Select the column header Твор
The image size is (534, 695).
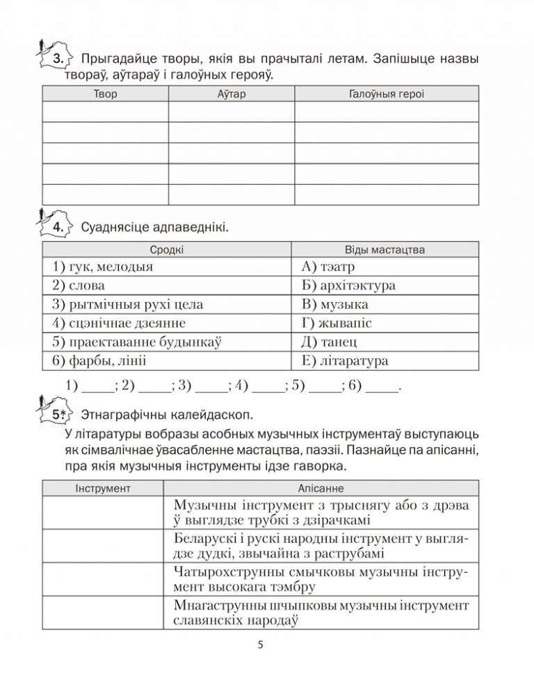point(105,94)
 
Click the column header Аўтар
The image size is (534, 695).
point(232,94)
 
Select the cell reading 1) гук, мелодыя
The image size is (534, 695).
point(102,267)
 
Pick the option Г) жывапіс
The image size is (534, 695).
point(337,324)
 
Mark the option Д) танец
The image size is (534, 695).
point(330,342)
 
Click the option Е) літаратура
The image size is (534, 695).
point(346,361)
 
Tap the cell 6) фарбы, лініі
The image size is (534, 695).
point(99,361)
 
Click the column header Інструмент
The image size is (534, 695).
point(103,489)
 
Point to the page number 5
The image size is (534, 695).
point(260,645)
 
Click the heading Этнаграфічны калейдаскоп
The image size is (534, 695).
point(167,415)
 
